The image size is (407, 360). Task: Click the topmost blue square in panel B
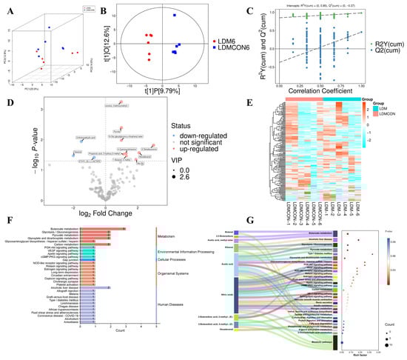click(175, 15)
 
